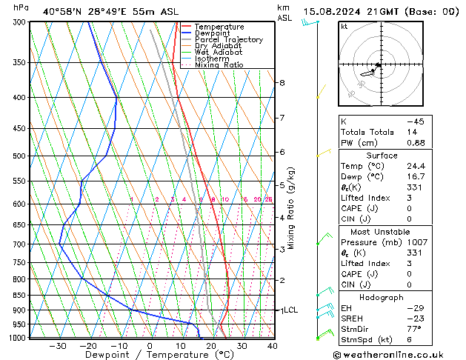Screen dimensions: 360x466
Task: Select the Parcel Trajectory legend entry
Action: [228, 40]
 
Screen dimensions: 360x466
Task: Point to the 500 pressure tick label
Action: [21, 156]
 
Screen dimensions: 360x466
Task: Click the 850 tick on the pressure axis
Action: [21, 296]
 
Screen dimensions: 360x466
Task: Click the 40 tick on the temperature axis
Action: [273, 346]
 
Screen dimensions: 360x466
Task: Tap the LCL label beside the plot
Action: [290, 310]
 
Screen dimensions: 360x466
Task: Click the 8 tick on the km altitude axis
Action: [282, 83]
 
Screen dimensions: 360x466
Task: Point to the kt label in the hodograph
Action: [344, 27]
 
